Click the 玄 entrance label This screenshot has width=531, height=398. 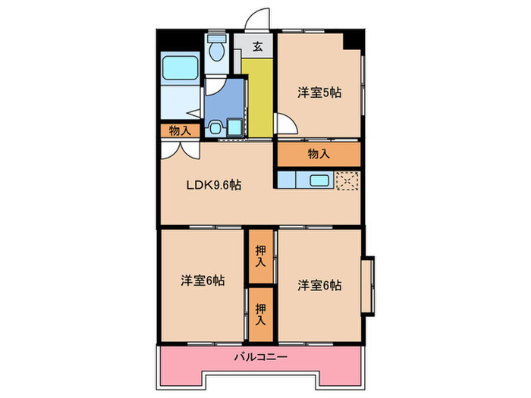[258, 47]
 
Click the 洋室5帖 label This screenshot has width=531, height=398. [318, 93]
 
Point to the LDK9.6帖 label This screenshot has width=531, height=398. [215, 184]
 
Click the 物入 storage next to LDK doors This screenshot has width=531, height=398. [179, 131]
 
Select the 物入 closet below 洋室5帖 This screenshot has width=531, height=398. [319, 154]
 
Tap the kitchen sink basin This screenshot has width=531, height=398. [317, 180]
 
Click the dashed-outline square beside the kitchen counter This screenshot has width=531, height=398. [347, 181]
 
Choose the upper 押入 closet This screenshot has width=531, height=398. [260, 256]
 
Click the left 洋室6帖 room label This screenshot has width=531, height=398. [202, 280]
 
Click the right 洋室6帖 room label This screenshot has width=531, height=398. [319, 285]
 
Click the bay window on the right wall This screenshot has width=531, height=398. [368, 285]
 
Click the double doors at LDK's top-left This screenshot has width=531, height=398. [179, 149]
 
